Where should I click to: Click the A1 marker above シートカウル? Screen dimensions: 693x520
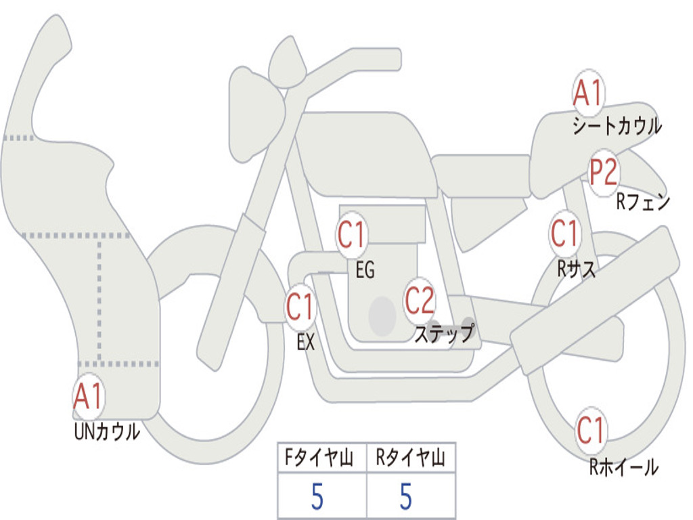(588, 93)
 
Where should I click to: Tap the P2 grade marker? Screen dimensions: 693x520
(604, 172)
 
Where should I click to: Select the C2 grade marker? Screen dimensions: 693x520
(420, 301)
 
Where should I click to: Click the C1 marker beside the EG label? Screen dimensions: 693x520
(351, 234)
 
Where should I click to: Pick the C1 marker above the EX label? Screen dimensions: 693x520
(300, 307)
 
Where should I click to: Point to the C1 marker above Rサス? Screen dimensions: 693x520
(564, 233)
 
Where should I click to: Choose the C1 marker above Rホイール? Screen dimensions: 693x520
(590, 430)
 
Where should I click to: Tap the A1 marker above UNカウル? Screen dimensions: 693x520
(89, 397)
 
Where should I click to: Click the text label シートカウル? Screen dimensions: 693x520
(617, 125)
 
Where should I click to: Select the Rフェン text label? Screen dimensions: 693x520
(643, 202)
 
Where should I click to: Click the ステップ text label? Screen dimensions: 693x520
(444, 333)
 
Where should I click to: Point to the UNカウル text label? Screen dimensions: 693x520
(107, 431)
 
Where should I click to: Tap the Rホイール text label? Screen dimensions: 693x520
(623, 467)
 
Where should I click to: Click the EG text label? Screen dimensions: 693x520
(365, 269)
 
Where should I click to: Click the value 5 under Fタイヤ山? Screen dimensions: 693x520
(317, 497)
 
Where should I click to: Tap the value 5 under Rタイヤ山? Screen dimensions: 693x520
(406, 497)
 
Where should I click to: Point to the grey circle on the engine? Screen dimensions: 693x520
(382, 317)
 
